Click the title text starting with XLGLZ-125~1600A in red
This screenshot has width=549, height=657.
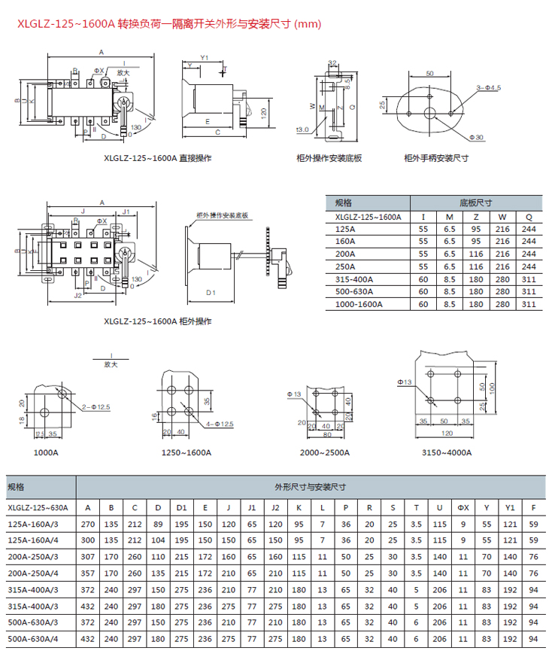point(169,24)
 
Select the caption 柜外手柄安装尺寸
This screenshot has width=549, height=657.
point(436,158)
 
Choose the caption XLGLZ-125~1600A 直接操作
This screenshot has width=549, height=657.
point(158,159)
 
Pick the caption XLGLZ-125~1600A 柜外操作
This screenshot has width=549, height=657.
point(158,321)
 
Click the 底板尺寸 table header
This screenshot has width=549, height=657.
point(475,203)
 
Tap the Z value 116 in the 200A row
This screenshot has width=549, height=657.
point(475,254)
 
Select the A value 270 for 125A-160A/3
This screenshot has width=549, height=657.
point(88,524)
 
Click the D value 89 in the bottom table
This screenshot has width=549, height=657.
point(158,524)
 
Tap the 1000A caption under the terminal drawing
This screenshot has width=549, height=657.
point(46,453)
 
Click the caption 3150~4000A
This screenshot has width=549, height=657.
point(447,453)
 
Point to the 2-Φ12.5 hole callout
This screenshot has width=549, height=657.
point(96,406)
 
